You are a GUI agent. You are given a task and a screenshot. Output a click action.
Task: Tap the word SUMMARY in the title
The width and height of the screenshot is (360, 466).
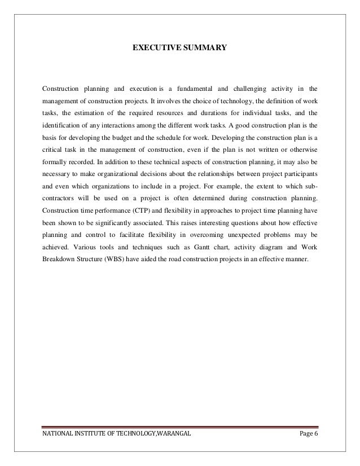pyautogui.click(x=203, y=49)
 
